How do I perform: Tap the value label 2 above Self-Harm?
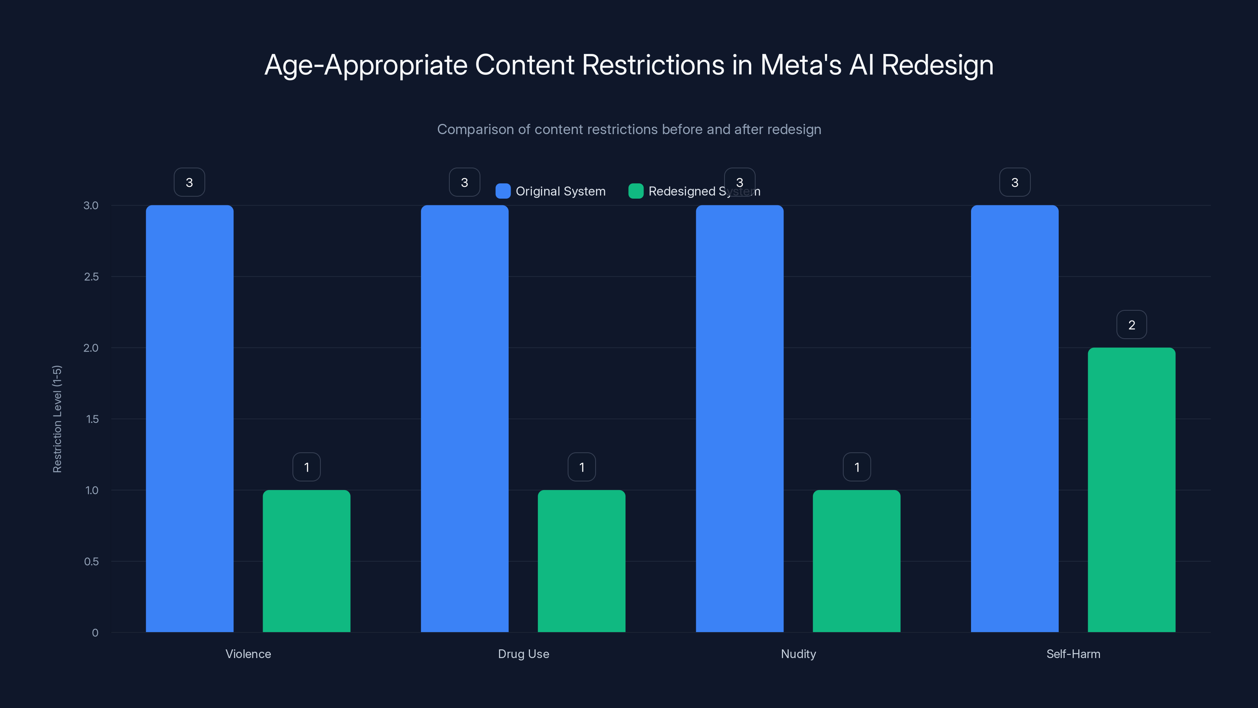point(1131,325)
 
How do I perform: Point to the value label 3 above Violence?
point(189,182)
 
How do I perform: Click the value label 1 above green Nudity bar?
point(857,467)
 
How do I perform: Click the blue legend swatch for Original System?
point(502,191)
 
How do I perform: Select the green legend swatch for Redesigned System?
point(635,191)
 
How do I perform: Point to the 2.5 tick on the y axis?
point(91,277)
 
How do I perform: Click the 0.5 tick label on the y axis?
point(91,561)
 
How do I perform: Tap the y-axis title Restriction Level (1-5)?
point(57,419)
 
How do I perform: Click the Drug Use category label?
point(523,654)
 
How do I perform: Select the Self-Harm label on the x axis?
point(1073,654)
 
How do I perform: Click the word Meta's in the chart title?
point(800,65)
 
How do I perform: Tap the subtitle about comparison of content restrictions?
point(629,129)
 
